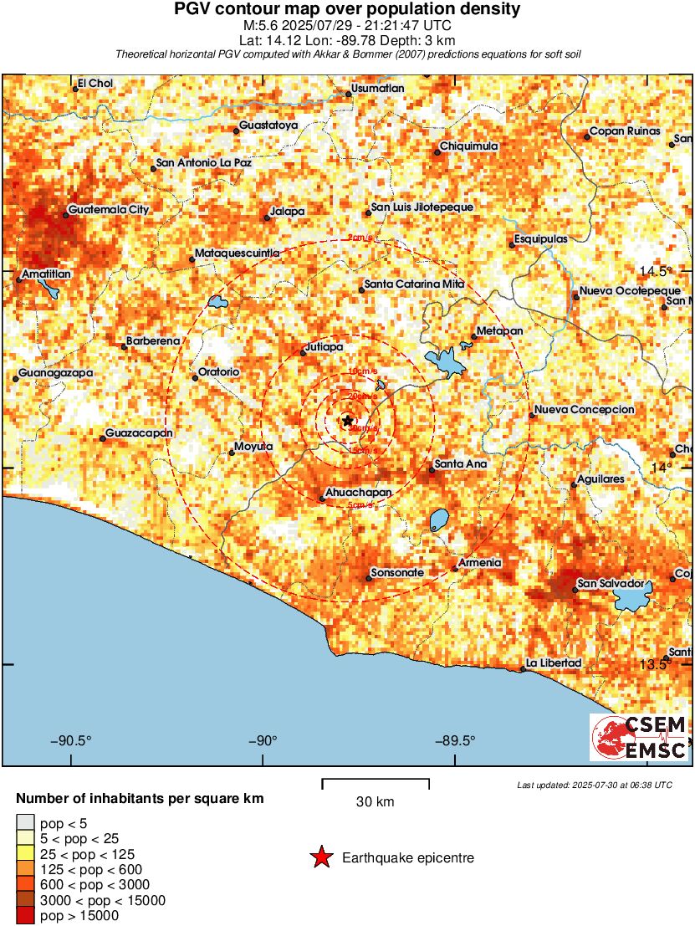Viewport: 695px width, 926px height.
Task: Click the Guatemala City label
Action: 109,210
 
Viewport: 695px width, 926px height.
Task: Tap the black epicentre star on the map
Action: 347,420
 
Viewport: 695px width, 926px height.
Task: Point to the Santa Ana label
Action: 461,463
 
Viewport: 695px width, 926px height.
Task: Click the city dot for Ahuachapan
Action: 323,499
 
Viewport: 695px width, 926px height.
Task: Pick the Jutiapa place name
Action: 325,346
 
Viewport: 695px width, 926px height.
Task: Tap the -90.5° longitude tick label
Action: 71,740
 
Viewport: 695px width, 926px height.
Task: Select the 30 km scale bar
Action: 376,783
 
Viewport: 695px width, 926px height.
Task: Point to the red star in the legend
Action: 320,857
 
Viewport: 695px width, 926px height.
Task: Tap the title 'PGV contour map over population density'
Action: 347,9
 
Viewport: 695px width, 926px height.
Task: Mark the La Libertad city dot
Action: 524,669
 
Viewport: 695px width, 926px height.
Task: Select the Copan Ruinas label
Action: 625,131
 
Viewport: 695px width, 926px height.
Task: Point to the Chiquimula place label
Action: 469,146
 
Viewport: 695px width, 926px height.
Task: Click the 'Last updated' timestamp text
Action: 594,785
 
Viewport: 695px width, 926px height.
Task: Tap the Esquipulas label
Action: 541,239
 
